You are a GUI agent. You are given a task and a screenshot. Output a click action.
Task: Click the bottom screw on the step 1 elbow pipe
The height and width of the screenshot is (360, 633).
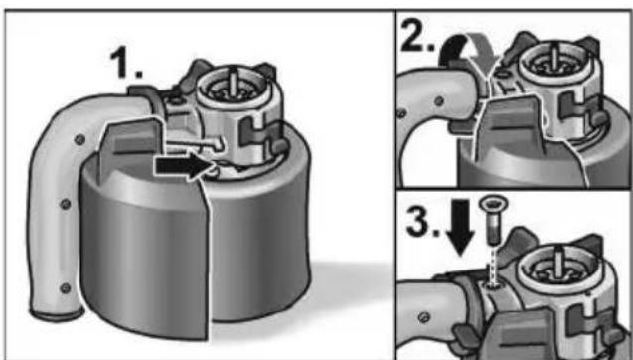(65, 288)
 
